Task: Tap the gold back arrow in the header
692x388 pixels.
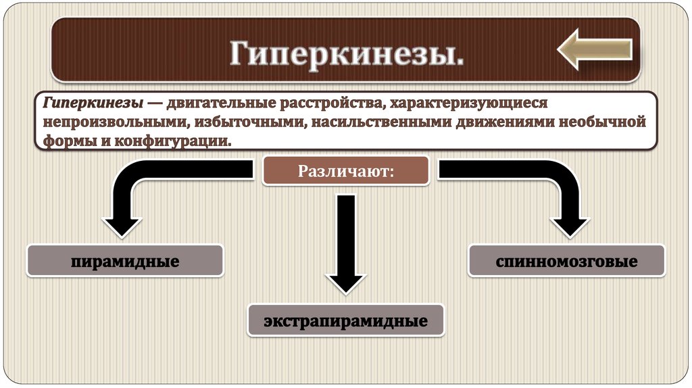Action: [x=594, y=49]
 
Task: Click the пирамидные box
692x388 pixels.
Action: [x=125, y=260]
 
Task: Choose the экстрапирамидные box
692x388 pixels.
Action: [x=345, y=320]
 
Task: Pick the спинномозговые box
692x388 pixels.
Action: [x=566, y=260]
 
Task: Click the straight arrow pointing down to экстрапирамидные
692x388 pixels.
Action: [x=346, y=243]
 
